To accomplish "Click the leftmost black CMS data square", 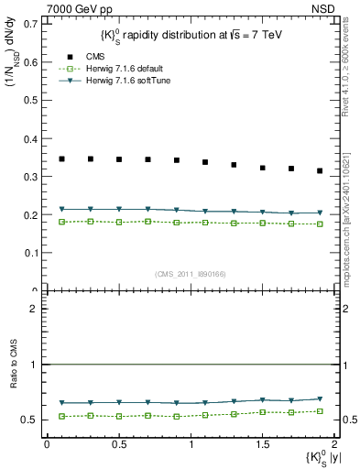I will pos(61,158).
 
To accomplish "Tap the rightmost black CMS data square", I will pos(320,170).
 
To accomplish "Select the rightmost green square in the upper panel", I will pos(320,224).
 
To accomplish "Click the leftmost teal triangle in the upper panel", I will pos(61,210).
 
